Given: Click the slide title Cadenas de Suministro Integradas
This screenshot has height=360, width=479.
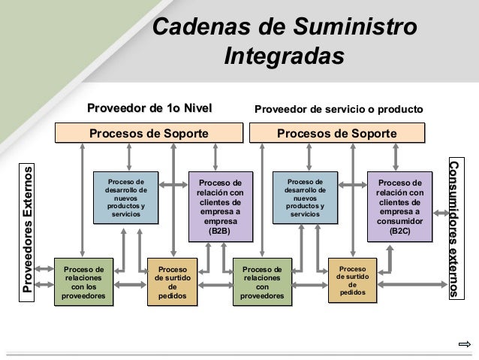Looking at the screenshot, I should pos(284,41).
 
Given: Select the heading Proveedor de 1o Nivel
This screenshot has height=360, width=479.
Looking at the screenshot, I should pos(149,109).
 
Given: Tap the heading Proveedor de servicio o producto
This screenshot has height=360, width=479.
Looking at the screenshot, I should pos(339,110).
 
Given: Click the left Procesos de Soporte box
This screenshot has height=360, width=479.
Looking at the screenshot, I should pos(149,134).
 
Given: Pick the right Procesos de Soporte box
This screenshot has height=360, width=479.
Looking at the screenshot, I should pos(337,134).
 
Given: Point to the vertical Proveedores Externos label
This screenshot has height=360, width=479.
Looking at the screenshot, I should pos(29,229).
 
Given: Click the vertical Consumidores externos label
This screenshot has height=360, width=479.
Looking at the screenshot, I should pos(454,229).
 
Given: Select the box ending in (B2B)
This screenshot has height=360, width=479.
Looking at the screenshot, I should pos(219,207).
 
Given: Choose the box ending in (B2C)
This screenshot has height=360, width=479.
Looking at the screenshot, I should pos(400,207).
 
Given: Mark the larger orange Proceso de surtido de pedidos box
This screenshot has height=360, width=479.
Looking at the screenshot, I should pos(173,282).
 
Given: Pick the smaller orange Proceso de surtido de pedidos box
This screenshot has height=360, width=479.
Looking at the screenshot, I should pos(352,280).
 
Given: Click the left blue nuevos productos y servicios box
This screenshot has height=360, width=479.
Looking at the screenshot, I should pos(126,198).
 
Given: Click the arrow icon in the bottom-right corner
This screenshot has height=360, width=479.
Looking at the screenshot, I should pos(463,345).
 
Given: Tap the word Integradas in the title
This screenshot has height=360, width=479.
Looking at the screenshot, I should pos(284,56).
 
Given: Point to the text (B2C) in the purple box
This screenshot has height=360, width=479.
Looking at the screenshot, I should pos(400,231).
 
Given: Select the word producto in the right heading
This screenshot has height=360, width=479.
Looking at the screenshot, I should pos(402,110).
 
